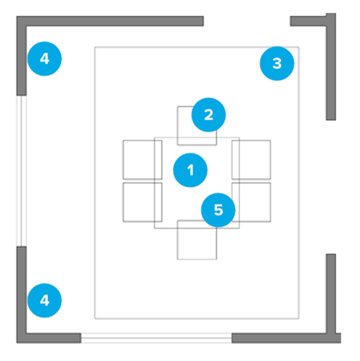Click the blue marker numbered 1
tap(190, 170)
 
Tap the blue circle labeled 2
tap(209, 115)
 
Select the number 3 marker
tap(277, 63)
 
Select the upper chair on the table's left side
tap(138, 159)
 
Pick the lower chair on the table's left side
tap(138, 201)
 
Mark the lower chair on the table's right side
tap(255, 201)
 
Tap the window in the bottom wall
tap(156, 338)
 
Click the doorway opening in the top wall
tap(246, 21)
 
